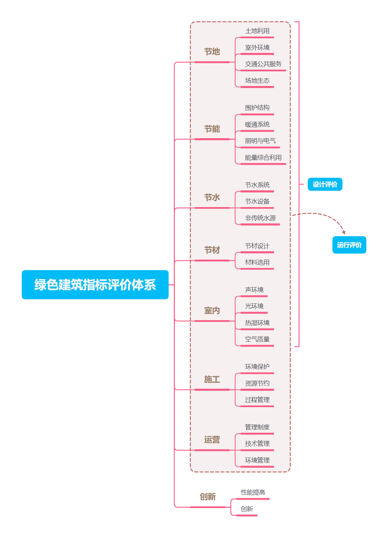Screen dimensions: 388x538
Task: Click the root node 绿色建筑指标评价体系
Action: (x=95, y=285)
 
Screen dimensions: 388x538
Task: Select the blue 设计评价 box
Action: (x=325, y=184)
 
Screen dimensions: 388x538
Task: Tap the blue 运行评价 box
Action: (x=349, y=245)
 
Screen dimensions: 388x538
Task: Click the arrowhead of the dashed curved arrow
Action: (x=344, y=232)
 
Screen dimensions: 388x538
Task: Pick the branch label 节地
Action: (x=212, y=52)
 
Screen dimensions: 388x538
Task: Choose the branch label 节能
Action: (x=212, y=129)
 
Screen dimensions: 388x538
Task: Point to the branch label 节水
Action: (x=212, y=197)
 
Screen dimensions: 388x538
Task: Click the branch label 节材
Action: (x=212, y=250)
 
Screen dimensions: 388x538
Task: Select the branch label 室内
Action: (x=212, y=310)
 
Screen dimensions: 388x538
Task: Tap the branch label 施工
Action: (x=212, y=379)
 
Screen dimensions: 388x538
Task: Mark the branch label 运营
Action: (x=212, y=440)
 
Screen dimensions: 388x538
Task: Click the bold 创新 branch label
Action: (x=208, y=497)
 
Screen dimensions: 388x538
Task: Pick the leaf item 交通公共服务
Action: (x=263, y=64)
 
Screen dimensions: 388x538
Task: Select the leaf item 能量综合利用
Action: (x=263, y=158)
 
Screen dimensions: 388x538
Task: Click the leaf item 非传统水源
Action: (x=260, y=218)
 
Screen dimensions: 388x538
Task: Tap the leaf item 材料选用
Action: (x=257, y=262)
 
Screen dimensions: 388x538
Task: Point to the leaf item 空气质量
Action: (x=257, y=339)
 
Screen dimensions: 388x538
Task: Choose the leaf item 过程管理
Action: (x=257, y=399)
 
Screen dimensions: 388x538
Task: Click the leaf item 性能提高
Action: (x=253, y=492)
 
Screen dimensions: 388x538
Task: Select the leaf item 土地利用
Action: (x=257, y=31)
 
